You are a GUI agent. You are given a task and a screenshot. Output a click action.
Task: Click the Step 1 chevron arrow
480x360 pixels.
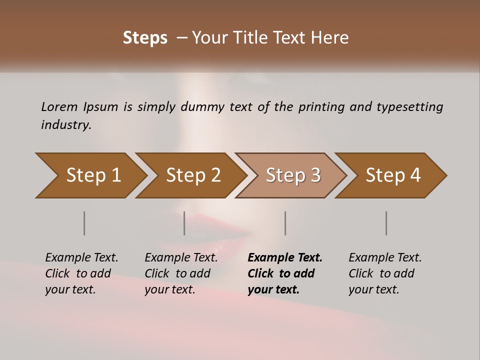tap(93, 175)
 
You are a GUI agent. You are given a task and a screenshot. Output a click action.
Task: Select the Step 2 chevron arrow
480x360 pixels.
tap(193, 175)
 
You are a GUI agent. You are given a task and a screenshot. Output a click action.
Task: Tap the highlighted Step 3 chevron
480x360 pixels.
tap(293, 175)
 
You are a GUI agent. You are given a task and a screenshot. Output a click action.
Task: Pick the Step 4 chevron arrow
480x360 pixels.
tap(393, 175)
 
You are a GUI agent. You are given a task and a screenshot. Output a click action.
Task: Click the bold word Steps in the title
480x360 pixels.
tap(145, 38)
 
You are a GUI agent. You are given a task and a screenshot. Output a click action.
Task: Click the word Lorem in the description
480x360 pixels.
tap(59, 107)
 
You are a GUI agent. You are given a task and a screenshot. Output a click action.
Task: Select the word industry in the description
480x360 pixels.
tap(65, 125)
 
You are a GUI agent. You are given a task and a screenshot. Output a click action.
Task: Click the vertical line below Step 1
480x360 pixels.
tap(84, 223)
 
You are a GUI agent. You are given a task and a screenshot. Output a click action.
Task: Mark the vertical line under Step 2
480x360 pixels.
tap(184, 223)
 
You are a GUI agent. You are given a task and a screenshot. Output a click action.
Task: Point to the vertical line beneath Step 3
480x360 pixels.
tap(285, 223)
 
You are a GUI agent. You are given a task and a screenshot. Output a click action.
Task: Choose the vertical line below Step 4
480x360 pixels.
tap(386, 223)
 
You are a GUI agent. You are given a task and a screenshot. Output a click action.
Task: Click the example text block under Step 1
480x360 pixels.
tap(81, 273)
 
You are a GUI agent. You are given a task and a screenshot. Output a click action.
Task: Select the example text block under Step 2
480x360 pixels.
tap(181, 273)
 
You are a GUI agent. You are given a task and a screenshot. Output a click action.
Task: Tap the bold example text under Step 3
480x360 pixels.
tap(285, 273)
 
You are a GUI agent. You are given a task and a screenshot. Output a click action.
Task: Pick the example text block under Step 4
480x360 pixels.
tap(385, 273)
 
